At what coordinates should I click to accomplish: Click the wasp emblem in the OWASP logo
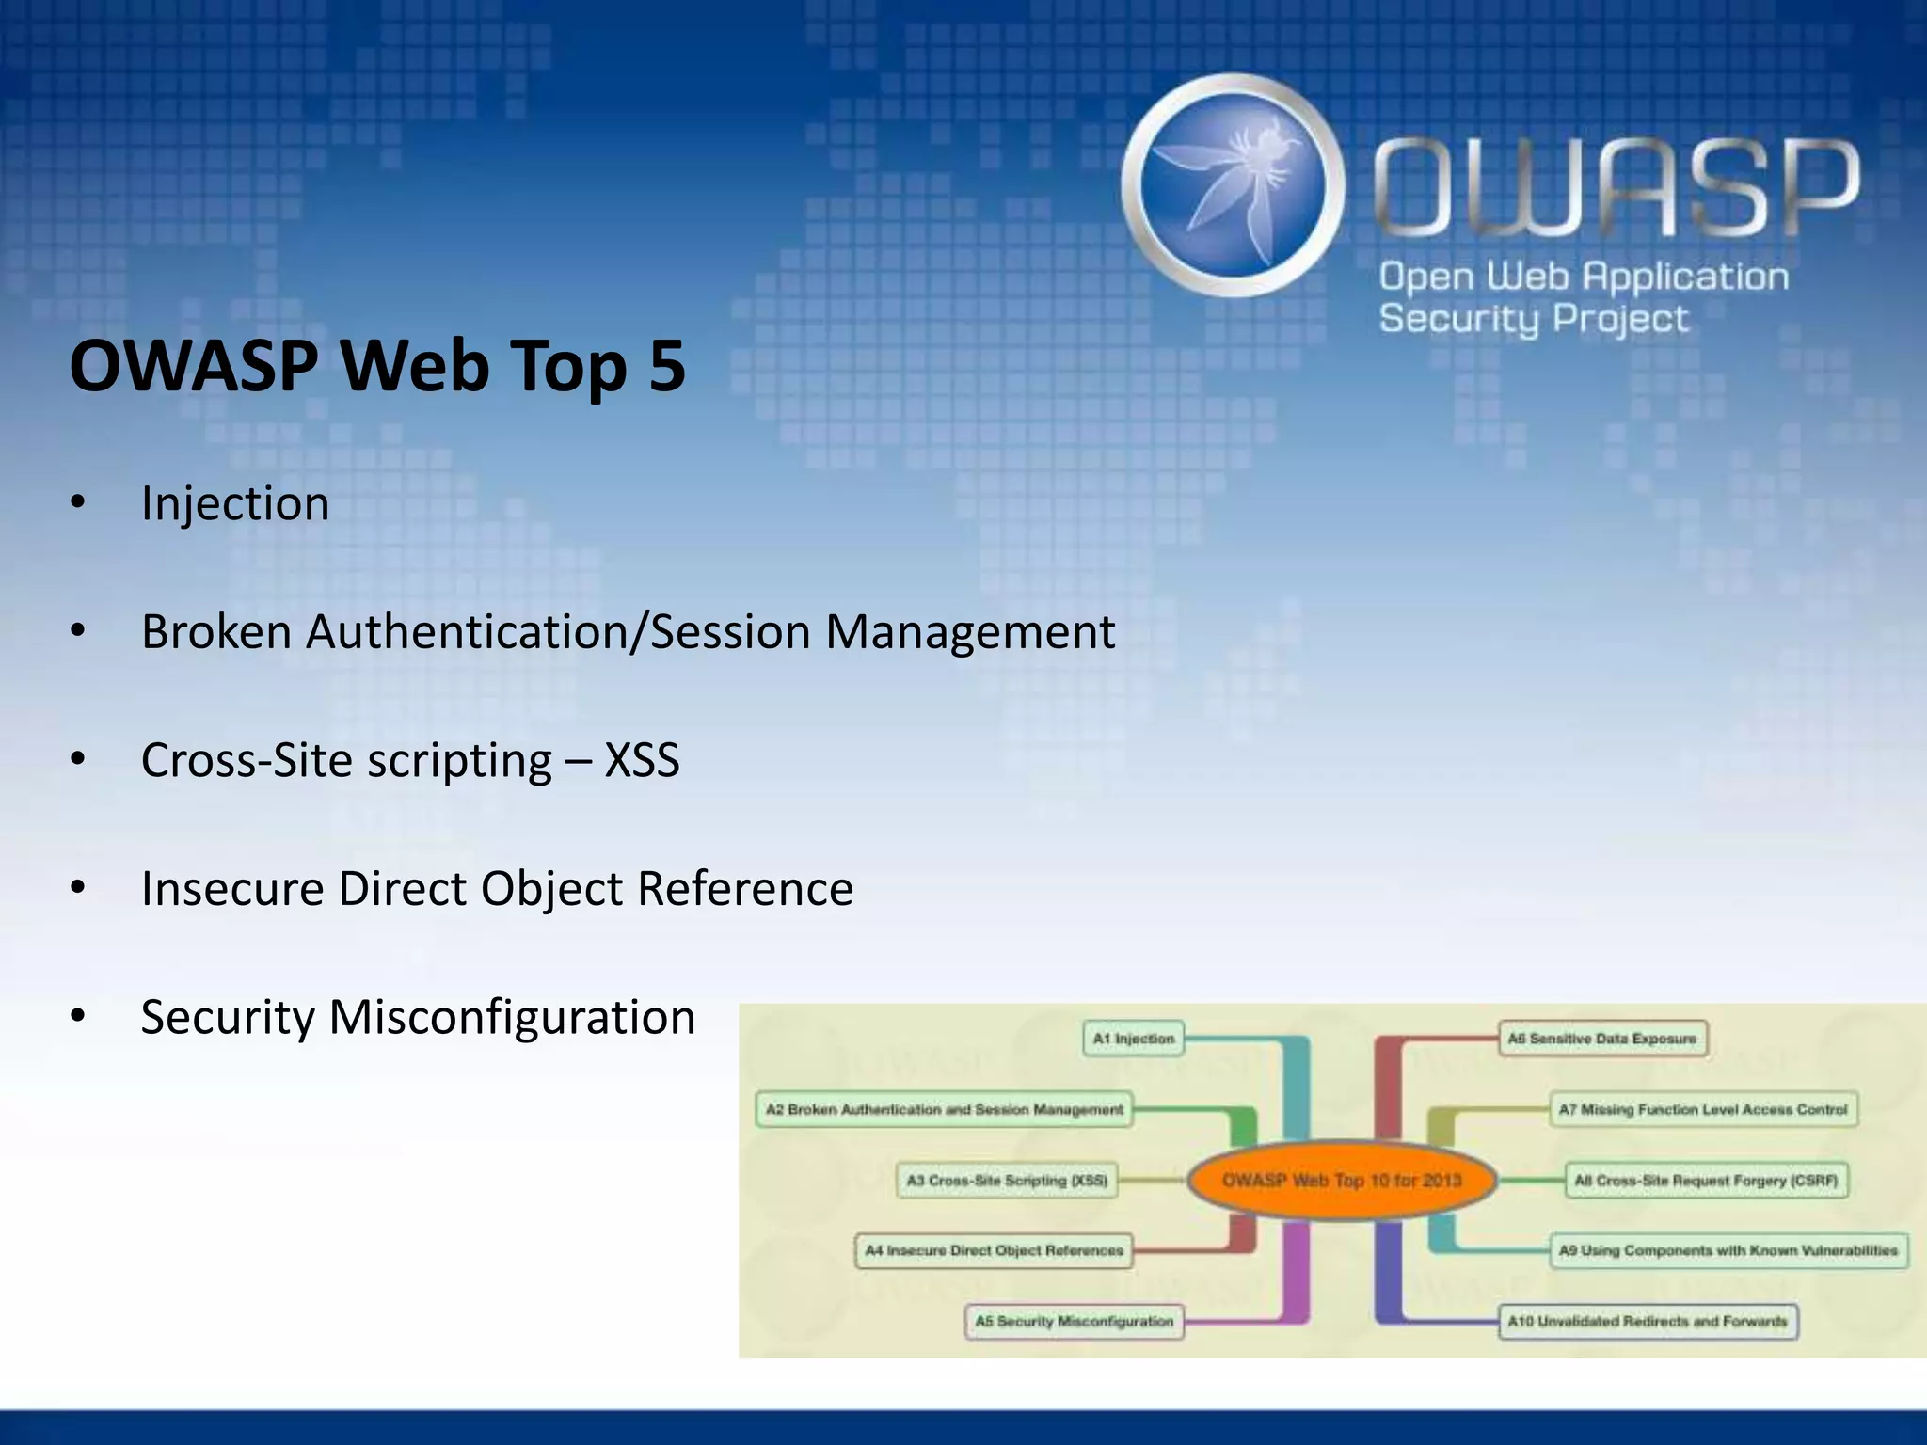[x=1233, y=185]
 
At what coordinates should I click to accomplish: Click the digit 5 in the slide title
[x=666, y=366]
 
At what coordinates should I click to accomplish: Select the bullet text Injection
[x=235, y=503]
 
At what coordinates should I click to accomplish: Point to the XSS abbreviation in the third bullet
[x=642, y=760]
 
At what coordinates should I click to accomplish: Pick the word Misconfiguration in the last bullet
[x=512, y=1017]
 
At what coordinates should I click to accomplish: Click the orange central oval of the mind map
[x=1342, y=1180]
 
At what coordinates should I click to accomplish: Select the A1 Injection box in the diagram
[x=1134, y=1039]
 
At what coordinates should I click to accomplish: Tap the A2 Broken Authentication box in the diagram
[x=944, y=1109]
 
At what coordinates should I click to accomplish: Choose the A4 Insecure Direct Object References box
[x=994, y=1250]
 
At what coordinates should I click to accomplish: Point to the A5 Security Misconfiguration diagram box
[x=1075, y=1321]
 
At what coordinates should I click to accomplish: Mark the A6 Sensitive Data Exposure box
[x=1601, y=1039]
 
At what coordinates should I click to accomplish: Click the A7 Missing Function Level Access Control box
[x=1703, y=1109]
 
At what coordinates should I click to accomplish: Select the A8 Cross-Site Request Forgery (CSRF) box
[x=1706, y=1180]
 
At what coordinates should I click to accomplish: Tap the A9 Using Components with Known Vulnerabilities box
[x=1728, y=1250]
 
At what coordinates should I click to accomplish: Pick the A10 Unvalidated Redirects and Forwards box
[x=1648, y=1321]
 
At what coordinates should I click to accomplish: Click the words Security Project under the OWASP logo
[x=1534, y=319]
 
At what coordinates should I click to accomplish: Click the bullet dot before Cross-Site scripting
[x=78, y=759]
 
